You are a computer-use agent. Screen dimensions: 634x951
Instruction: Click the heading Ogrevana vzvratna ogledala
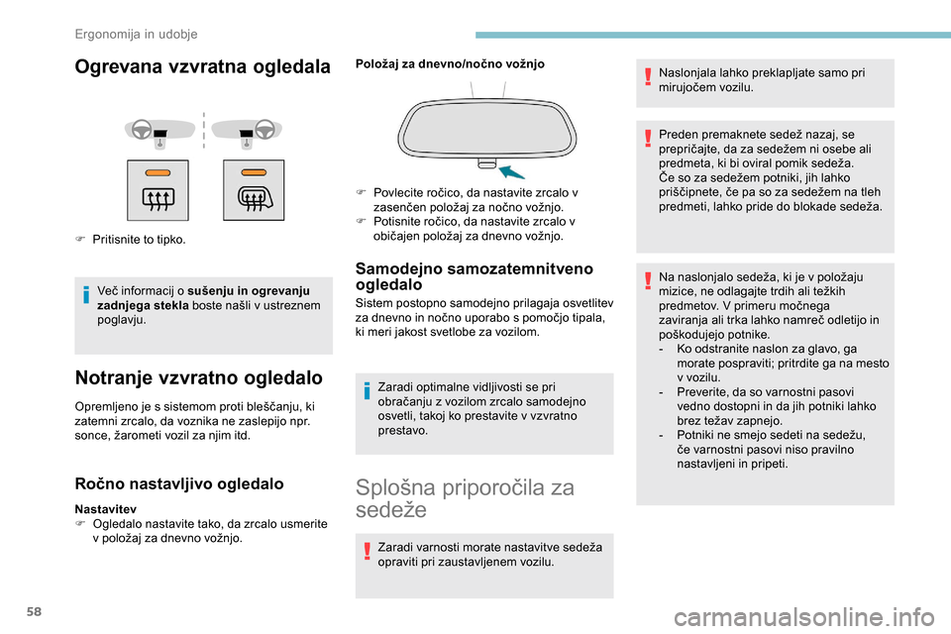point(203,66)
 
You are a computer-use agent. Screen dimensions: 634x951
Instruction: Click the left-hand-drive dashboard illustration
point(158,130)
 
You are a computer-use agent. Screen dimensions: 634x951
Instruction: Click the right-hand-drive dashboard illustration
point(251,130)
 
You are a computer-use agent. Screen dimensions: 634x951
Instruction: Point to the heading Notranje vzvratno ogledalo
point(198,376)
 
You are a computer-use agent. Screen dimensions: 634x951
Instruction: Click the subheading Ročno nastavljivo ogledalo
point(179,483)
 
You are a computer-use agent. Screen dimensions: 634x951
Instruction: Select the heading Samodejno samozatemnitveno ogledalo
point(475,275)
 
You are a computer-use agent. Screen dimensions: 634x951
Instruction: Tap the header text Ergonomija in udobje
point(136,34)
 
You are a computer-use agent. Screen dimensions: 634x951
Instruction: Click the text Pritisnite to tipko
point(138,240)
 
